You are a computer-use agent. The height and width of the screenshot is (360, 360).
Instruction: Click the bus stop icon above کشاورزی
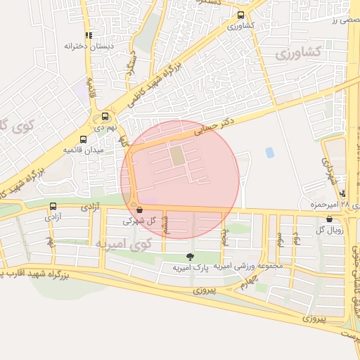point(241,15)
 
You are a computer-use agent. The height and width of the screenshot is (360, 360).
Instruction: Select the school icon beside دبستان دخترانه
point(89,34)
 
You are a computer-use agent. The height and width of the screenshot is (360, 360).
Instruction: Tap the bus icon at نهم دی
point(105,117)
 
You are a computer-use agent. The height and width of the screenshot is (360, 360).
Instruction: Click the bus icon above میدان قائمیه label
point(84,139)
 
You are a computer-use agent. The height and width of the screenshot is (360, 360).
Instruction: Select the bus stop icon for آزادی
point(53,206)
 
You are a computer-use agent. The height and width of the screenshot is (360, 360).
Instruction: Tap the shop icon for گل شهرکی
point(139,210)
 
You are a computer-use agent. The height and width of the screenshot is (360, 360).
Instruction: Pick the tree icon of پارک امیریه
point(188,257)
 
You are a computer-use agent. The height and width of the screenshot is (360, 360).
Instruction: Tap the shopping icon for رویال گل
point(329,219)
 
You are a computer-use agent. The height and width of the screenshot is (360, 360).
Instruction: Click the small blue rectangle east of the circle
point(269,152)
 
